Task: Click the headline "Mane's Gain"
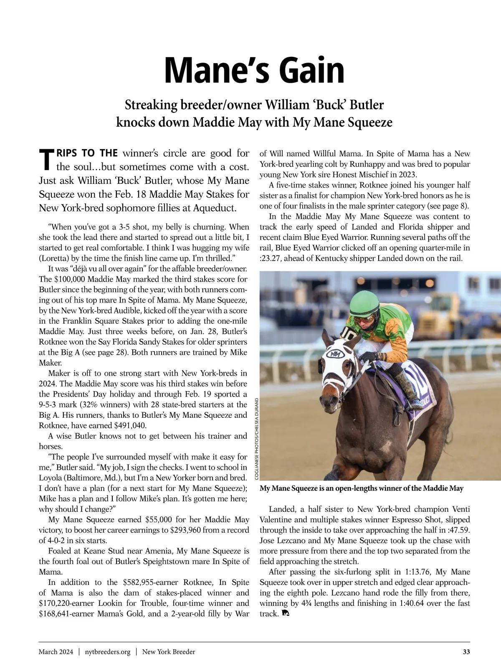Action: click(254, 70)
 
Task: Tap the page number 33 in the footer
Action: click(466, 651)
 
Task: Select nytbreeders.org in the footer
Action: click(107, 651)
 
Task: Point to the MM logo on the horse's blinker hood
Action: click(335, 354)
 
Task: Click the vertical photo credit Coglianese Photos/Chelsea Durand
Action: click(256, 439)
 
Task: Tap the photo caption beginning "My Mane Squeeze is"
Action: click(361, 488)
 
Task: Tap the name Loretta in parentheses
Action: click(54, 258)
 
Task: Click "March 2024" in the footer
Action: click(56, 651)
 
